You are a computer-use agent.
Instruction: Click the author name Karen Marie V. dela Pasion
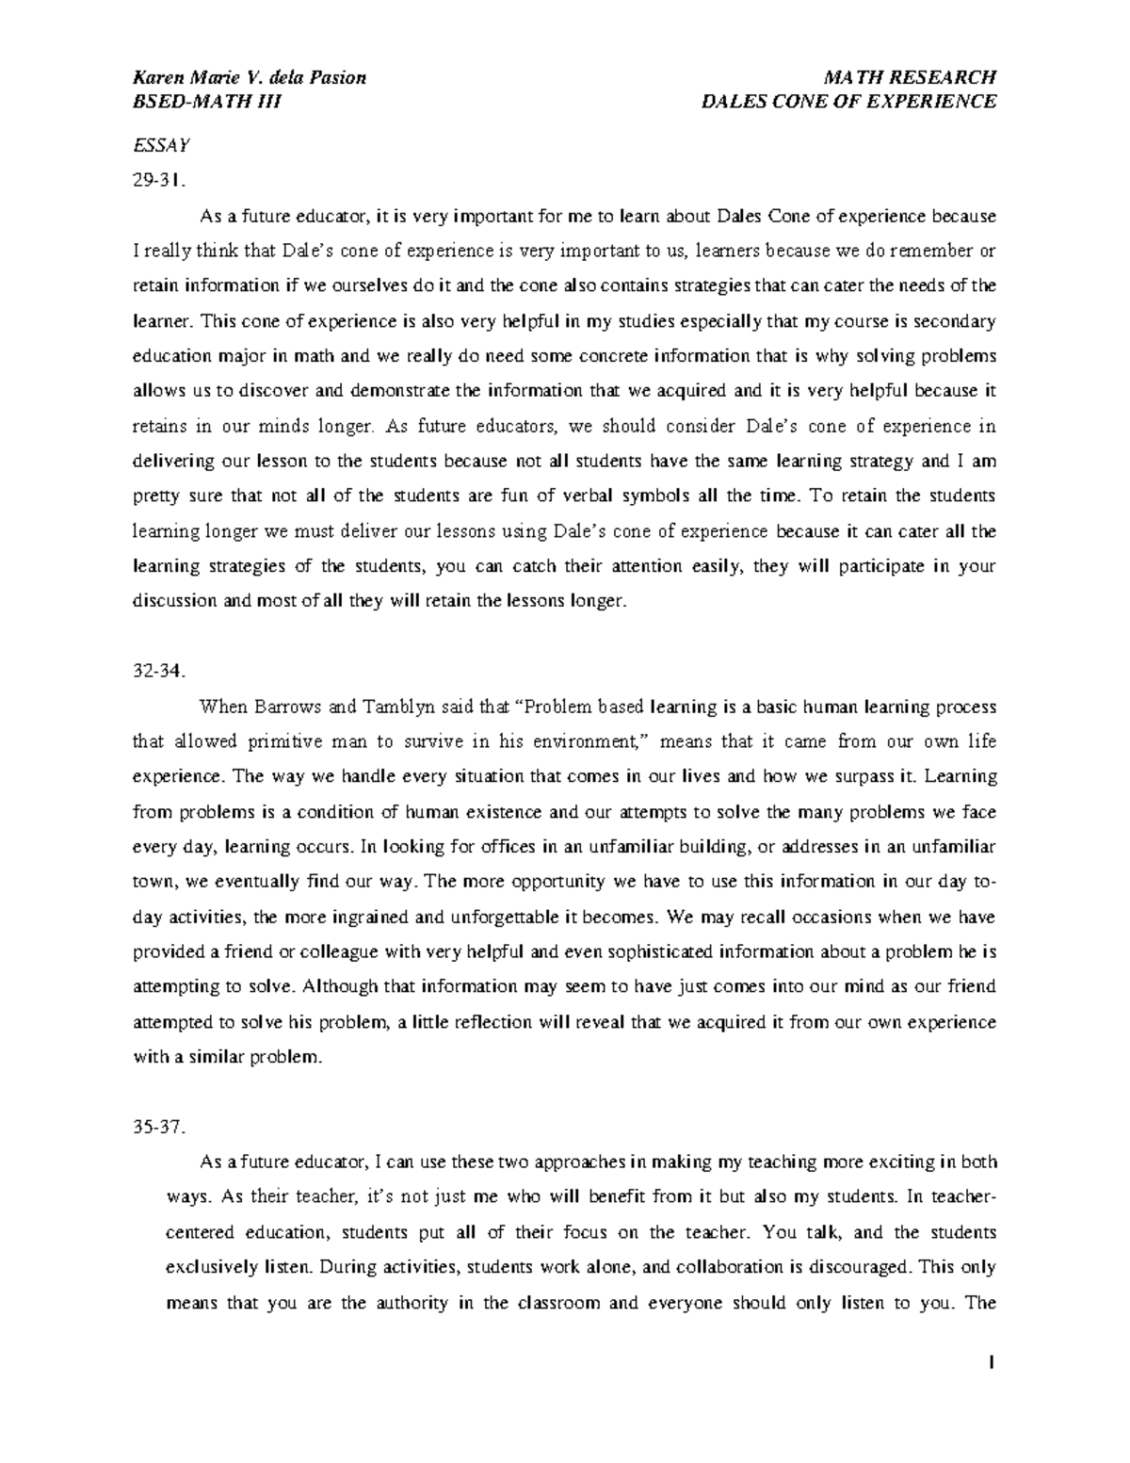point(250,77)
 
